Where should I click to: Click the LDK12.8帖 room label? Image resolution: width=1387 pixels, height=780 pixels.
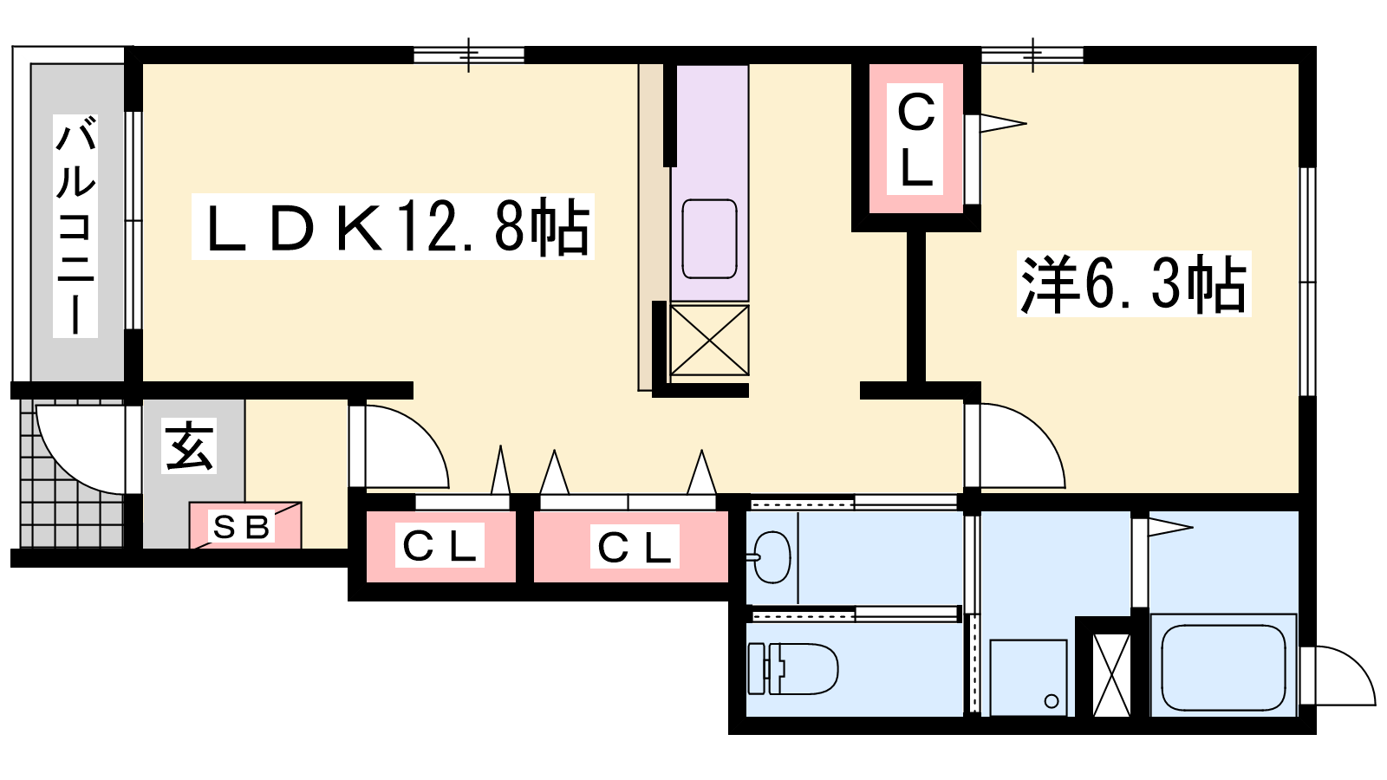coord(393,226)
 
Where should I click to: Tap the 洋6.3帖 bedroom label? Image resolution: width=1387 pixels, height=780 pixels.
coord(1133,284)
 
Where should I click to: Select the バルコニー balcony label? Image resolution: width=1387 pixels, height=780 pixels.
coord(75,226)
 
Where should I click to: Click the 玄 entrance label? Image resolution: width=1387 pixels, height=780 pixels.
coord(189,445)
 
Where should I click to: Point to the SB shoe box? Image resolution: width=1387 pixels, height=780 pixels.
coord(246,525)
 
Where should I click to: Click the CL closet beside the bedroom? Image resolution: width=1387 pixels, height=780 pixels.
coord(915,139)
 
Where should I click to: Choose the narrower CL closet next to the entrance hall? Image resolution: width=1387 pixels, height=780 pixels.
coord(440,547)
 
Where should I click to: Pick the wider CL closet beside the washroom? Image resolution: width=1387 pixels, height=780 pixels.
coord(631,547)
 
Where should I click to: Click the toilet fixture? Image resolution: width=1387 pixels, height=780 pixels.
coord(792,668)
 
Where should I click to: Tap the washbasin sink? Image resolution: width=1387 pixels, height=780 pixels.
coord(771,557)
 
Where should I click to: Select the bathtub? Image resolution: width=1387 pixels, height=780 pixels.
coord(1223,666)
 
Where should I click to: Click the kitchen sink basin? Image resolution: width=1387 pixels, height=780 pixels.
coord(709,238)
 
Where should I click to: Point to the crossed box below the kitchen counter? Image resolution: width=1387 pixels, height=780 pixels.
coord(710,340)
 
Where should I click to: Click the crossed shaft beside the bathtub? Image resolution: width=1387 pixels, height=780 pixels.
coord(1112,675)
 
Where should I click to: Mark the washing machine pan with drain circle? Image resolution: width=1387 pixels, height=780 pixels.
coord(1028,678)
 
